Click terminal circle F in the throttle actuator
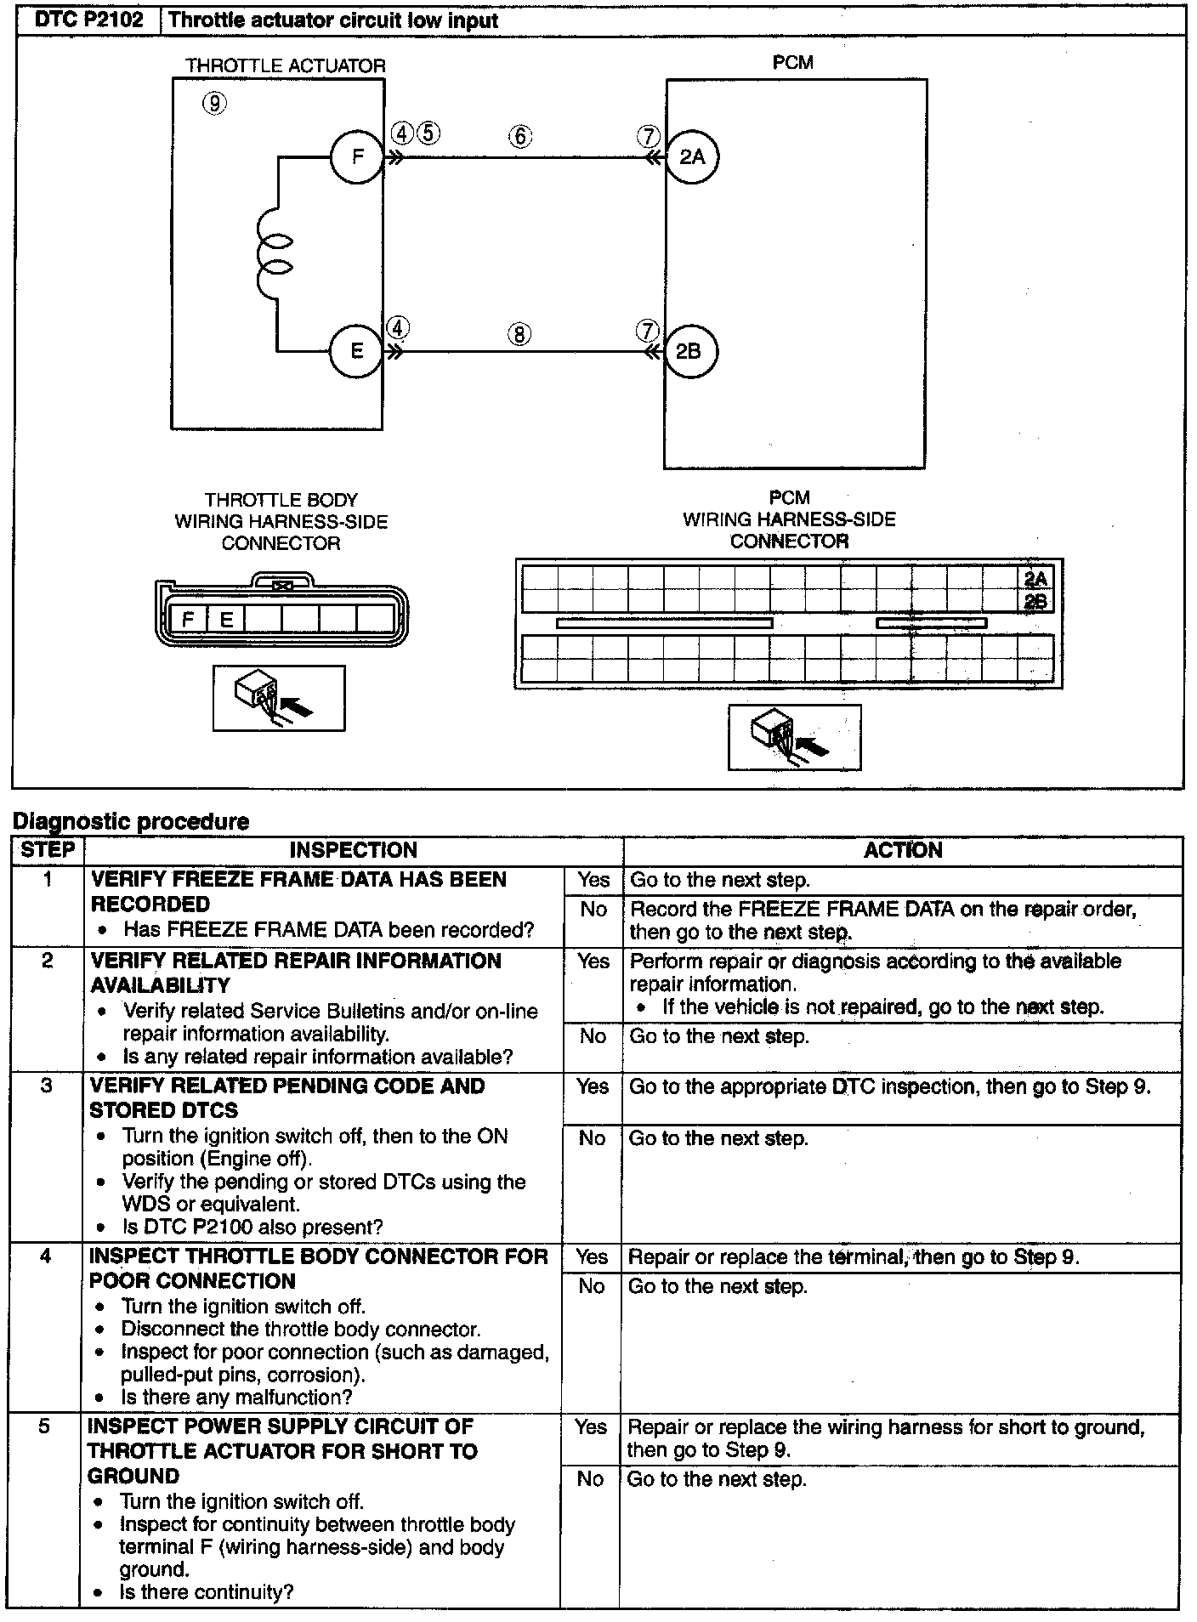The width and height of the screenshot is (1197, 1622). coord(357,156)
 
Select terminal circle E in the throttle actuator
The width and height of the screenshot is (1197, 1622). coord(357,350)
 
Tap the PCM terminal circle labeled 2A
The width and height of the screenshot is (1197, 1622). coord(692,156)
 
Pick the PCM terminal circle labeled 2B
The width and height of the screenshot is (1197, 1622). coord(689,351)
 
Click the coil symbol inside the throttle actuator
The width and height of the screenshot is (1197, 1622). coord(275,254)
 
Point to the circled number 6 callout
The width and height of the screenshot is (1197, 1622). coord(520,136)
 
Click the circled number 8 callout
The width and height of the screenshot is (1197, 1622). coord(519,333)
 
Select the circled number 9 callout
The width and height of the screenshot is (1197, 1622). coord(214,104)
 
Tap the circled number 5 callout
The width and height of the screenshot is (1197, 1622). coord(428,133)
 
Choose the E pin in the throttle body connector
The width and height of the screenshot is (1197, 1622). coord(226,619)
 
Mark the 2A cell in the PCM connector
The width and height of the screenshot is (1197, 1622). coord(1035,579)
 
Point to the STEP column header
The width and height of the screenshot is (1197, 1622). coord(48,850)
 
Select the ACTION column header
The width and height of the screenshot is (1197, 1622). coord(903,850)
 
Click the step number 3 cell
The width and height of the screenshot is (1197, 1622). coord(47,1086)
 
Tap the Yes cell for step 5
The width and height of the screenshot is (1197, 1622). coord(591,1426)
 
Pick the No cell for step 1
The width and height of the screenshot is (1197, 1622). coord(593,909)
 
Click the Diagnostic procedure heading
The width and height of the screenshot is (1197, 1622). coord(131,821)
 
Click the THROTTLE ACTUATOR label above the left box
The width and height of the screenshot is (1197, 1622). coord(286,65)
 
